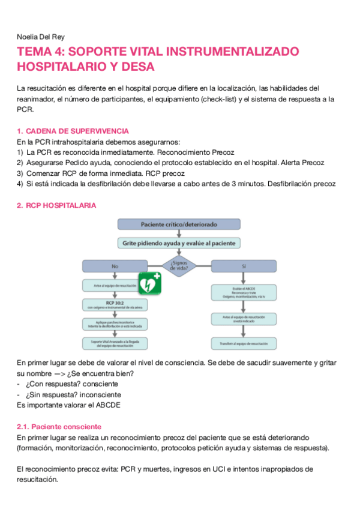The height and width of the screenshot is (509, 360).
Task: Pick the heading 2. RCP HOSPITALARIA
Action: point(56,205)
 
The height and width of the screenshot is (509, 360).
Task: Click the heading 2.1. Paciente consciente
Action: point(59,427)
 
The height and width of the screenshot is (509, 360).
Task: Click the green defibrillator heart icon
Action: point(150,283)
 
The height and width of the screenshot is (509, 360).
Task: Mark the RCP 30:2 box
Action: point(111,304)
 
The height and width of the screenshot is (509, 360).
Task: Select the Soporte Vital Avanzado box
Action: point(111,343)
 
